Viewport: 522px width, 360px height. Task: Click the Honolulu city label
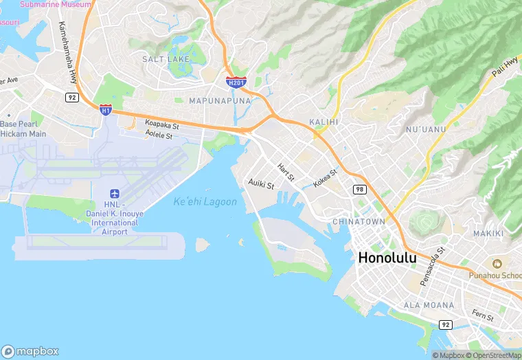pyautogui.click(x=387, y=258)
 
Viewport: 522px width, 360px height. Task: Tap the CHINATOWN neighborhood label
pyautogui.click(x=359, y=222)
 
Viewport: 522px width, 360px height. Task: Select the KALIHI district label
pyautogui.click(x=325, y=122)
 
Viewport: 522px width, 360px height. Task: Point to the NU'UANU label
pyautogui.click(x=426, y=129)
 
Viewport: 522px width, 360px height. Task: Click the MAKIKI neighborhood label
pyautogui.click(x=488, y=234)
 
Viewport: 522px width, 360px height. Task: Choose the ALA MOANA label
pyautogui.click(x=429, y=304)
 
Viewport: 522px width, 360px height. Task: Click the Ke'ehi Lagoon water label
pyautogui.click(x=205, y=202)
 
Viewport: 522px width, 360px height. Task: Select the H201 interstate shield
pyautogui.click(x=236, y=82)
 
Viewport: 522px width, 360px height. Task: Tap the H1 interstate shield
pyautogui.click(x=105, y=110)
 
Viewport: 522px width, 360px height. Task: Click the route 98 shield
pyautogui.click(x=359, y=189)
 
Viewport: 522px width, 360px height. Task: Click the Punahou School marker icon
pyautogui.click(x=495, y=263)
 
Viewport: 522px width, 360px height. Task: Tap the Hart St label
pyautogui.click(x=286, y=172)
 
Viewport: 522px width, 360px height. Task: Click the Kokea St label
pyautogui.click(x=325, y=179)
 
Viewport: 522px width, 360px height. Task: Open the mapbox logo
pyautogui.click(x=30, y=350)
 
